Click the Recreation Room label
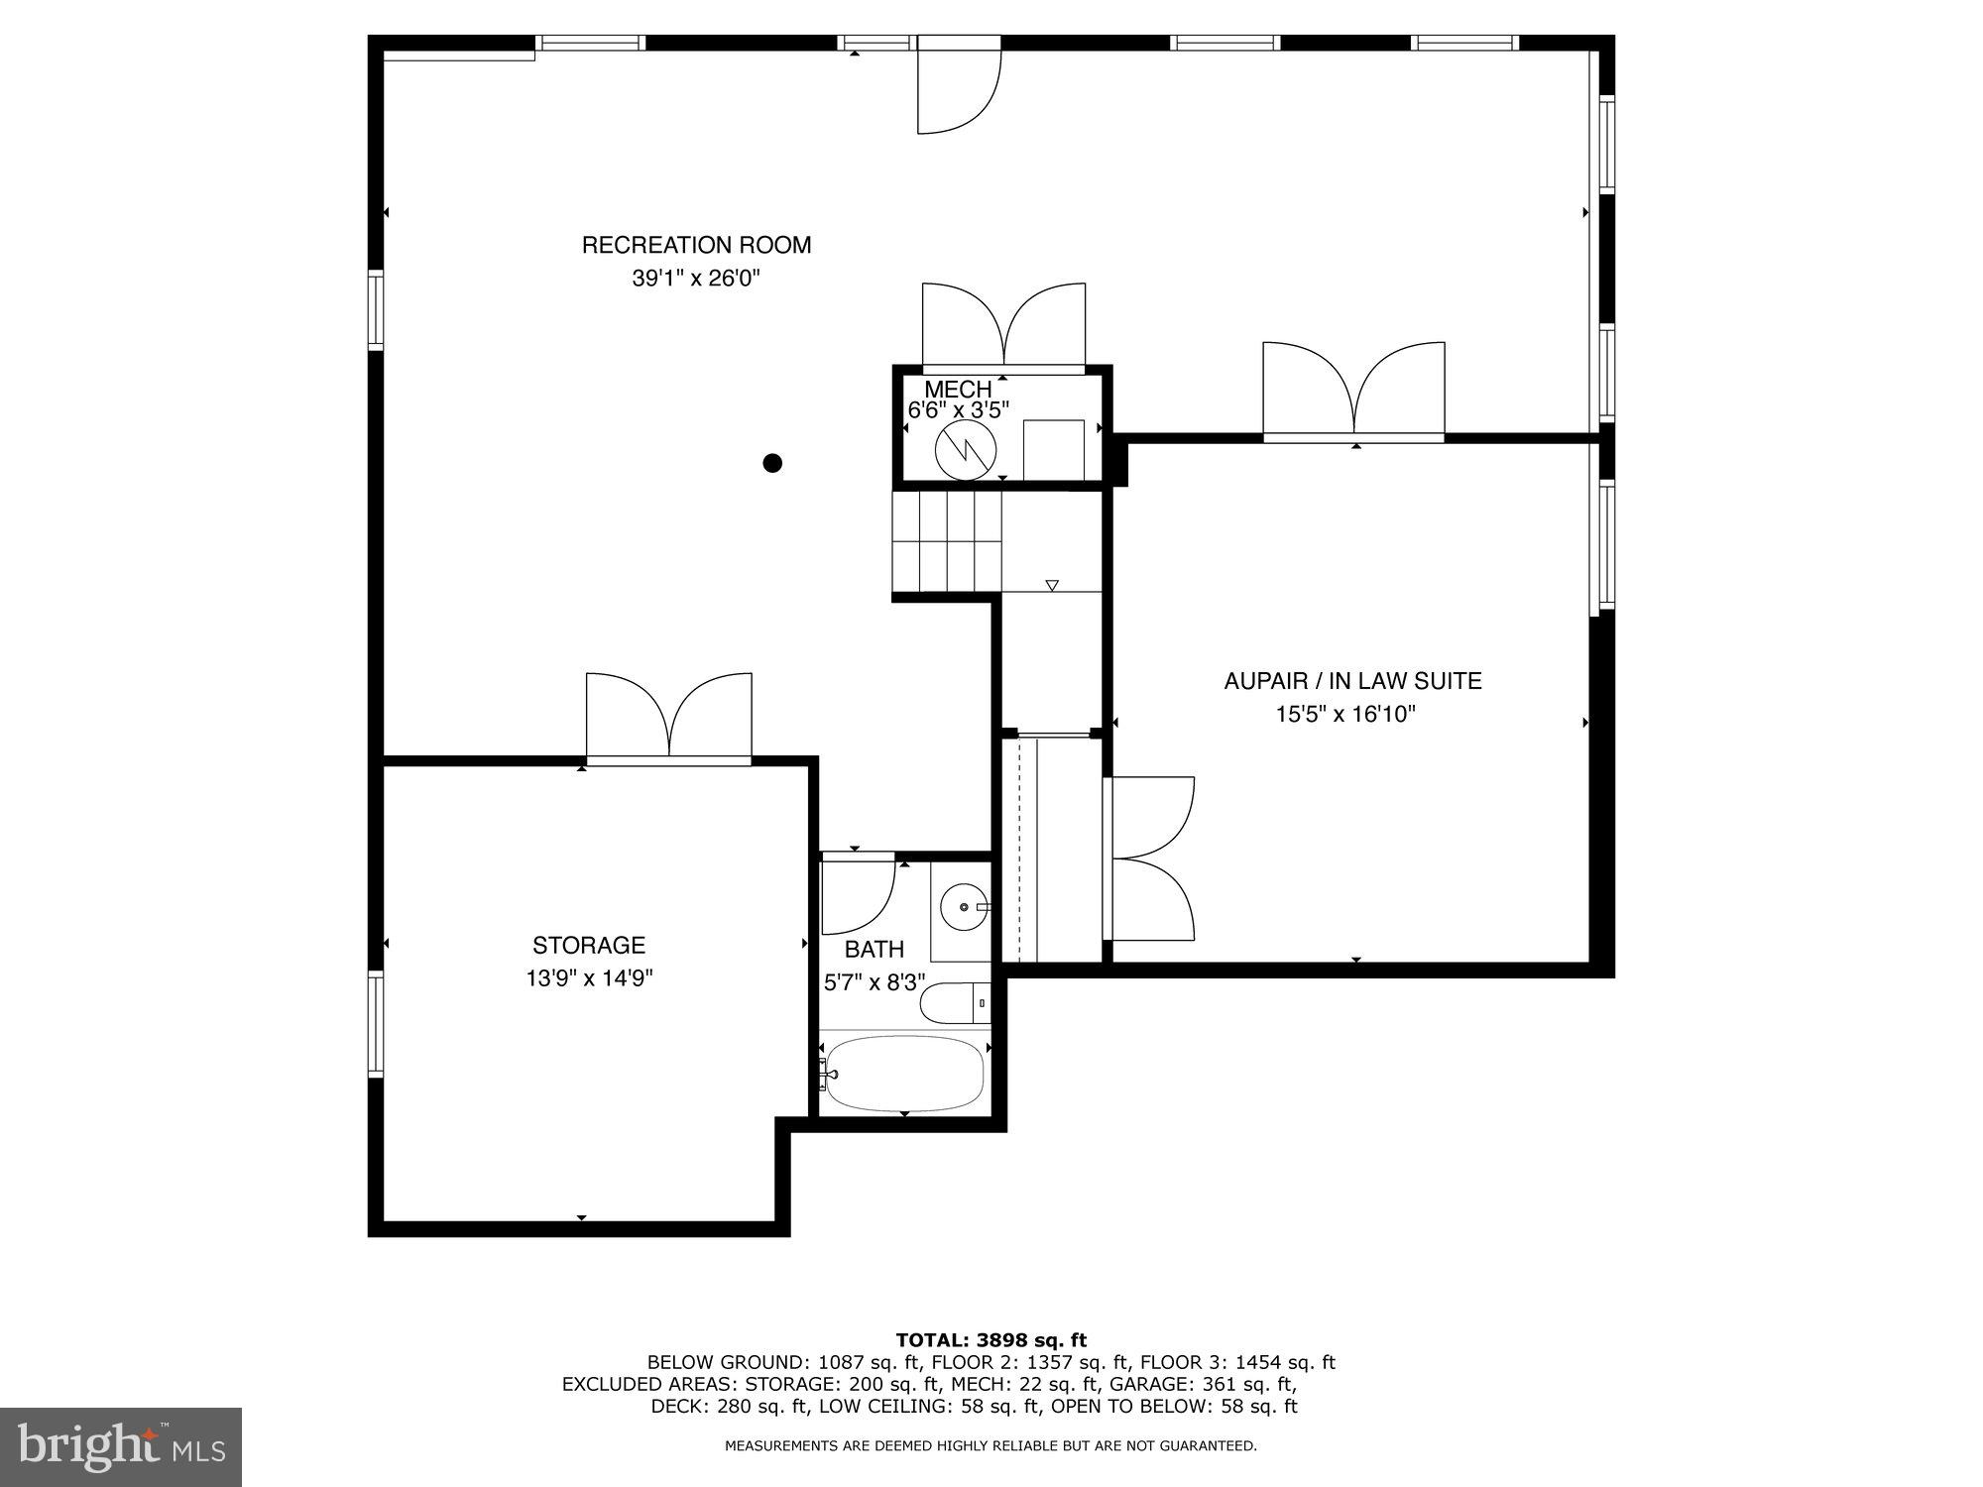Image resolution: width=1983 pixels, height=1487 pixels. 696,245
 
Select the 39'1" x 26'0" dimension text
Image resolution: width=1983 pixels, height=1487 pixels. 695,279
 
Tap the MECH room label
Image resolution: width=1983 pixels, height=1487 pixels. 957,390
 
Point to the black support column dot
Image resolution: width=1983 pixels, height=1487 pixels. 772,463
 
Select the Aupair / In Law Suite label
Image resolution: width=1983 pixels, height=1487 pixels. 1352,681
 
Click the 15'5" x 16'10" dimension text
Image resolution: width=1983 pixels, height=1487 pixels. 1345,714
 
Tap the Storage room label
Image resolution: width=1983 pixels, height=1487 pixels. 589,945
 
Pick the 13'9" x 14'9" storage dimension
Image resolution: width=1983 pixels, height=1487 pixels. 589,978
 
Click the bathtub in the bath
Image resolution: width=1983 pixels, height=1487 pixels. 903,1074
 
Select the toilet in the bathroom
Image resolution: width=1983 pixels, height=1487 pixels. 954,1003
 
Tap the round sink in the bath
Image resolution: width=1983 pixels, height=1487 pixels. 963,907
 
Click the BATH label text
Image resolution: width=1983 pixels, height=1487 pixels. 874,950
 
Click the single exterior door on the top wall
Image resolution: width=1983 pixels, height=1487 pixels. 957,87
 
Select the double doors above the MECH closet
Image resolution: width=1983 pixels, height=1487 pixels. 1003,327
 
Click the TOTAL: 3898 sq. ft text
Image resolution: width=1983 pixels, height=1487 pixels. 991,1341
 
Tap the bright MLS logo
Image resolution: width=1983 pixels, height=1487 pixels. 121,1447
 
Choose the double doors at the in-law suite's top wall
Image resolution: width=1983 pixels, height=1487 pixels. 1353,390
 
